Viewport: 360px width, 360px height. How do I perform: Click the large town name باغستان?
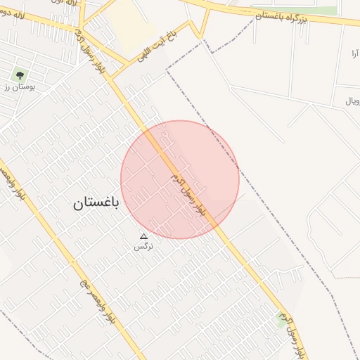96,204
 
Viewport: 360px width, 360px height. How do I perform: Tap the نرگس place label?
143,247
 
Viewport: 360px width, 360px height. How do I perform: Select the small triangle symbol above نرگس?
144,237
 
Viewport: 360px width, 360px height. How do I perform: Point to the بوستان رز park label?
23,86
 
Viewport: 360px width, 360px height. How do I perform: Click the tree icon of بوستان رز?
19,74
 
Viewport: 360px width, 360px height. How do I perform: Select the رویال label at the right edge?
352,101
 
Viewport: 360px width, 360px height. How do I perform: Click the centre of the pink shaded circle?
180,179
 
